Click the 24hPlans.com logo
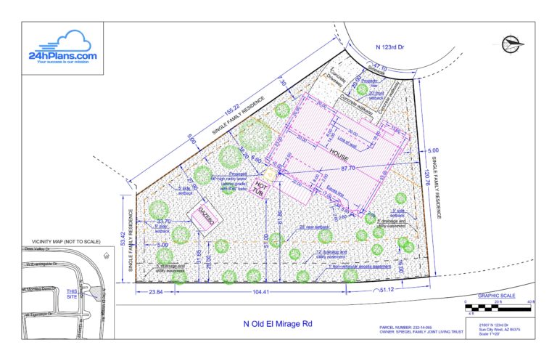(62, 47)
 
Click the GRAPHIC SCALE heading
(498, 296)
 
